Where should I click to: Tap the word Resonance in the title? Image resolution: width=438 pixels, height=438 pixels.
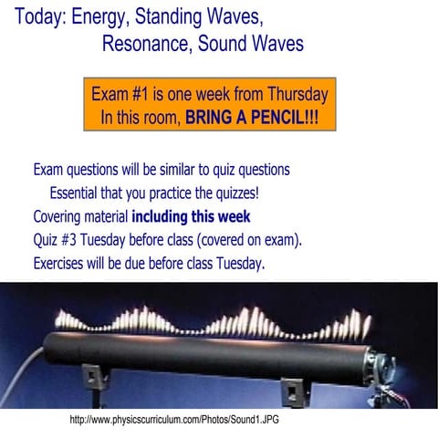147,44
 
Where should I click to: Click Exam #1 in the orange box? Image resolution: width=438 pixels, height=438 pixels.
122,94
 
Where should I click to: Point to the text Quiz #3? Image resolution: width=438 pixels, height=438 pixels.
57,241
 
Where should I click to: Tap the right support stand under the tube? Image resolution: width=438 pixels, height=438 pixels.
291,388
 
